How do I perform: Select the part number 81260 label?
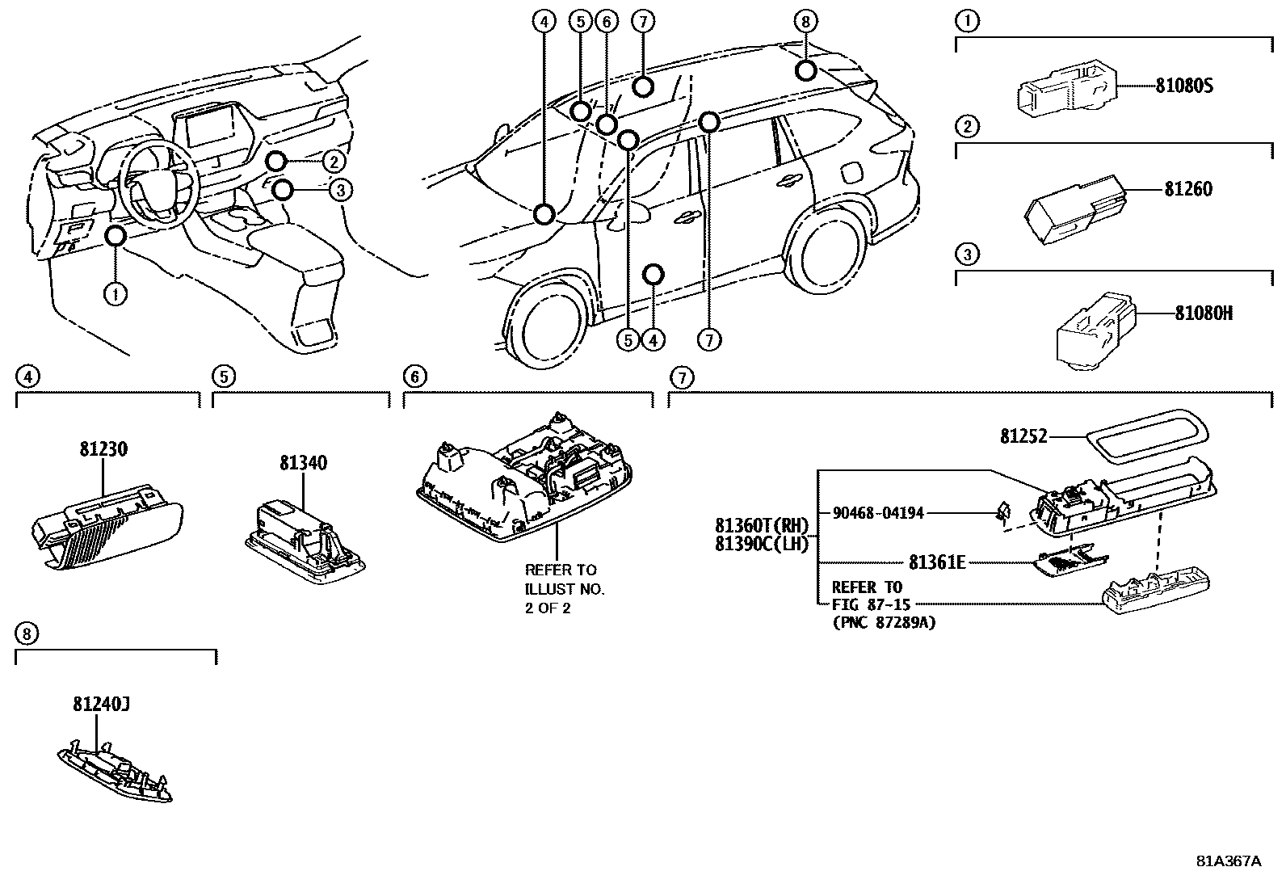(1187, 189)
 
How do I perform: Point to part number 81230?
(103, 448)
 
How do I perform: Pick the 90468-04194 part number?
(877, 512)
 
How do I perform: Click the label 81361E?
(936, 562)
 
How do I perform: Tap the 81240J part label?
(101, 705)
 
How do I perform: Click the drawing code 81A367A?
(1228, 861)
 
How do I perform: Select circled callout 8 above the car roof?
(805, 22)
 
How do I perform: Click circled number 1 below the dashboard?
(116, 294)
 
